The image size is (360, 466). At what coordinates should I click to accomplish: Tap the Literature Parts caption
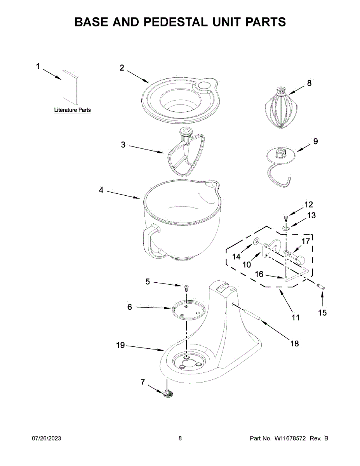72,110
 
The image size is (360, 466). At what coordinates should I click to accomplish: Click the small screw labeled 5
186,288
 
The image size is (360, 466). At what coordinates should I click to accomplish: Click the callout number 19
121,345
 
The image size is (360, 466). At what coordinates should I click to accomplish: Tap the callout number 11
296,318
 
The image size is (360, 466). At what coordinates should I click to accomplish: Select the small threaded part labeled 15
321,287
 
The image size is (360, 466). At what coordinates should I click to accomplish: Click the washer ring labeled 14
256,242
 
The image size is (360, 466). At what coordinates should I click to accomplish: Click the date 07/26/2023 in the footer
46,438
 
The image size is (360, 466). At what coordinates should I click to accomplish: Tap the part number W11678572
291,438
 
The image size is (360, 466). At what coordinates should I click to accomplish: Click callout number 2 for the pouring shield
122,68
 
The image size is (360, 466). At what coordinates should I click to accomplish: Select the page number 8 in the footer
180,438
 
